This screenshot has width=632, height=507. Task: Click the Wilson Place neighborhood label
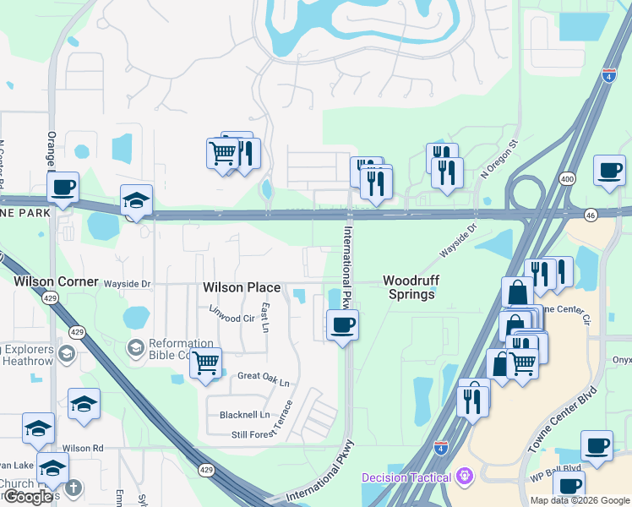(242, 287)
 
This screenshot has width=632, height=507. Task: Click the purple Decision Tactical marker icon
(464, 477)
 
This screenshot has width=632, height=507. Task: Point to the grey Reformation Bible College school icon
(135, 347)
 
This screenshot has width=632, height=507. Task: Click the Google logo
(27, 497)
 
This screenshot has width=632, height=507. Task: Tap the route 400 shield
(567, 179)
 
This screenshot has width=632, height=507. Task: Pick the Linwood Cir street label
(232, 319)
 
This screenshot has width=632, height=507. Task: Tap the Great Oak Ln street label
(263, 376)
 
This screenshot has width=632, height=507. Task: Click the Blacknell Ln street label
(244, 415)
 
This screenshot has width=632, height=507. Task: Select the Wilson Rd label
(82, 448)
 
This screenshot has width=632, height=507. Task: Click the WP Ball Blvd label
(555, 467)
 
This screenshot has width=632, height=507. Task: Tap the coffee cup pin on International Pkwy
(342, 325)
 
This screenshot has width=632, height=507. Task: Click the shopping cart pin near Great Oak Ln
(205, 363)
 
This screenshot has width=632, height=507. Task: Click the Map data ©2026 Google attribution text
(579, 500)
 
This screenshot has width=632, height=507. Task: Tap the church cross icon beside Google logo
(74, 488)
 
